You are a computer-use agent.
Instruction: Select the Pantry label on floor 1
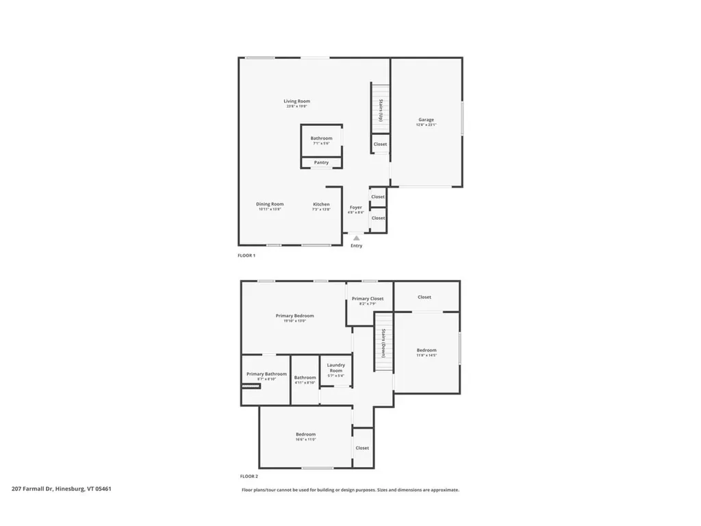[321, 162]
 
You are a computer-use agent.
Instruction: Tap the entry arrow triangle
[356, 238]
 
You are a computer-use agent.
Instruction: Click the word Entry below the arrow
[356, 246]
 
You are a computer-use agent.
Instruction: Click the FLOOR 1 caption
[246, 255]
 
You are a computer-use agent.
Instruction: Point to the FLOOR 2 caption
[248, 476]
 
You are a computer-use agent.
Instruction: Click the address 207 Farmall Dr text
[62, 489]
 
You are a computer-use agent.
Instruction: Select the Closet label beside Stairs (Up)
[380, 144]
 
